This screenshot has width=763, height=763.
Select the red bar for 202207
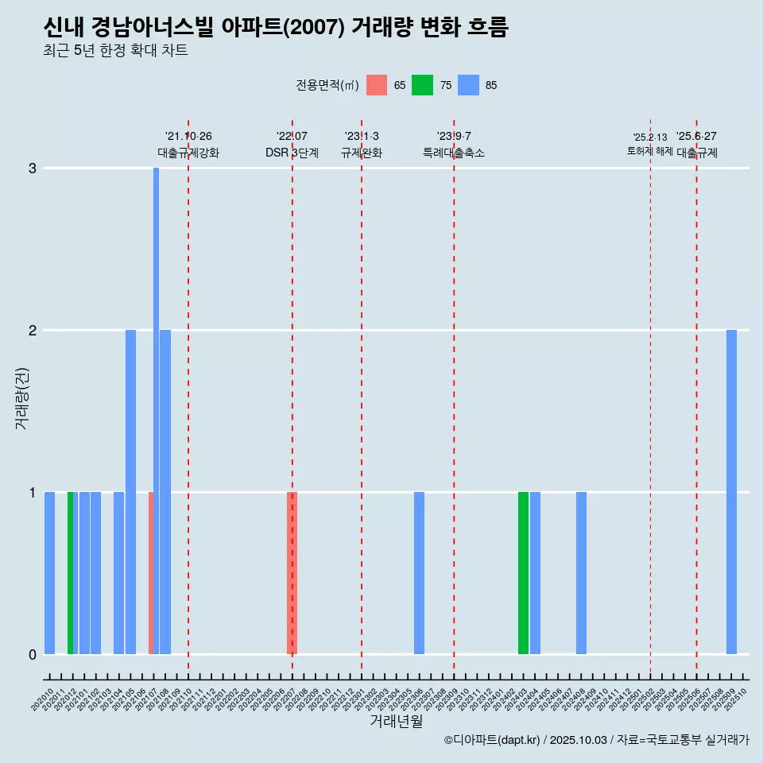click(292, 572)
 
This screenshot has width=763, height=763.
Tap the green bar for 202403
click(523, 572)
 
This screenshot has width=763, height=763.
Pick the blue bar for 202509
click(731, 493)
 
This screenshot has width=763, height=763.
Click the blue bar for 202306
click(419, 572)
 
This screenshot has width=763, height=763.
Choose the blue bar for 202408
click(581, 572)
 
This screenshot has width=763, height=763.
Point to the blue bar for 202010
click(49, 572)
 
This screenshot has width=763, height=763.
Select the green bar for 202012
click(70, 572)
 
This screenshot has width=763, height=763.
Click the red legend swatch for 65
click(377, 85)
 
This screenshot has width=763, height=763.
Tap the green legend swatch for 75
click(423, 85)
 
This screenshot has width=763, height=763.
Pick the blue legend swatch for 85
click(469, 85)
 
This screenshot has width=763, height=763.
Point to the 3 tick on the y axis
click(33, 168)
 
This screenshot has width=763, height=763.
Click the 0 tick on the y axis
click(33, 655)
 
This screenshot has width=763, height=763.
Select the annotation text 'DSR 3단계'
click(292, 153)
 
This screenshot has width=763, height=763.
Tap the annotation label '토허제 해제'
click(649, 151)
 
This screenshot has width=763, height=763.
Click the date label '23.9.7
click(454, 137)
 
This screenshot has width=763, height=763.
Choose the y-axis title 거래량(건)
click(22, 397)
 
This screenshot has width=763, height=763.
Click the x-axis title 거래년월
click(396, 722)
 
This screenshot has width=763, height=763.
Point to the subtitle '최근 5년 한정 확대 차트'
click(115, 52)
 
